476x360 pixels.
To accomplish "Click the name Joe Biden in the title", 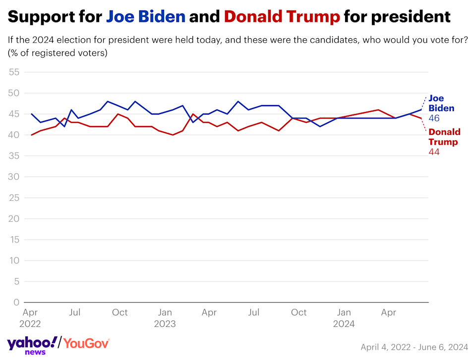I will tap(146, 17).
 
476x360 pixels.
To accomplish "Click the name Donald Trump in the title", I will tap(282, 17).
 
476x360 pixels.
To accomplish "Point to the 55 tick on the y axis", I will tap(14, 72).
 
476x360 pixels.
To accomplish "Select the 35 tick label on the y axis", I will tap(14, 156).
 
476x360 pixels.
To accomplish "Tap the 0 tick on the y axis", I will tap(17, 302).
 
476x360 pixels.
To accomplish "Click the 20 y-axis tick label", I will tap(14, 219).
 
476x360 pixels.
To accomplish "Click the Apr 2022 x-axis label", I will tap(30, 318).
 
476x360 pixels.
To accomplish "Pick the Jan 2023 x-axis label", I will tap(165, 318).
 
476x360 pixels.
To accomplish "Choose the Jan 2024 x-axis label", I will tap(344, 318).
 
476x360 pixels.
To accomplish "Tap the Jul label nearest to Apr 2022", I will tap(74, 312).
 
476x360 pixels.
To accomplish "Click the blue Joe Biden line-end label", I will tap(441, 103).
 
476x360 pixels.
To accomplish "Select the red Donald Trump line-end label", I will tap(444, 137).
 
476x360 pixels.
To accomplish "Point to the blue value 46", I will tap(434, 119).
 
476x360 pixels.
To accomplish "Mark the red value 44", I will tap(434, 152).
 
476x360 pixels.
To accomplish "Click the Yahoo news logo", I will tap(32, 345).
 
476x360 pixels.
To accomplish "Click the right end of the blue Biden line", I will tap(421, 110).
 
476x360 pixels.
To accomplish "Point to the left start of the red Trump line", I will tap(32, 135).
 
